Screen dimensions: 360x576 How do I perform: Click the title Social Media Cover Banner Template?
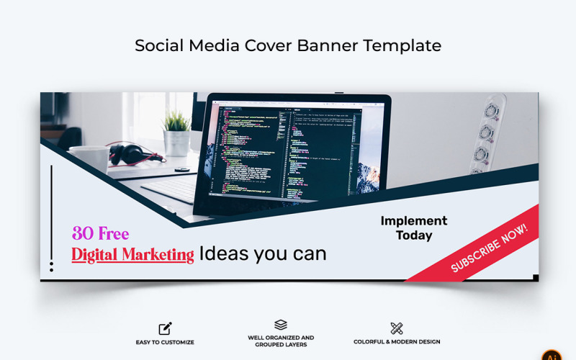[288, 45]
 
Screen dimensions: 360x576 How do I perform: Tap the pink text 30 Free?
[100, 234]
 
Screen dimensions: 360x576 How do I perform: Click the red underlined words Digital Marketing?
[132, 254]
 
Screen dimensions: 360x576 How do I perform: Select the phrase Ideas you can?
[263, 253]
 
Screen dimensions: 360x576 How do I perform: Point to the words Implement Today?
[413, 228]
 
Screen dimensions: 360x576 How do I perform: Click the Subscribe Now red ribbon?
[490, 248]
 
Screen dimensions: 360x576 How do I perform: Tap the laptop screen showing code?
[295, 151]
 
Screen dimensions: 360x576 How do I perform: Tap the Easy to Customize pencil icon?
[165, 328]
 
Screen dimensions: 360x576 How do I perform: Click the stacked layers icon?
[281, 325]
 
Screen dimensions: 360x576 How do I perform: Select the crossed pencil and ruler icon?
[397, 328]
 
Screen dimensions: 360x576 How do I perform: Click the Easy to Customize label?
[165, 342]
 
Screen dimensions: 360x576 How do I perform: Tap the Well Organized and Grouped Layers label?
[281, 341]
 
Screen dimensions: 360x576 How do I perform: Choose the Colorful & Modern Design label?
[397, 342]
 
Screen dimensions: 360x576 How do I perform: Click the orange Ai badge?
[552, 355]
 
